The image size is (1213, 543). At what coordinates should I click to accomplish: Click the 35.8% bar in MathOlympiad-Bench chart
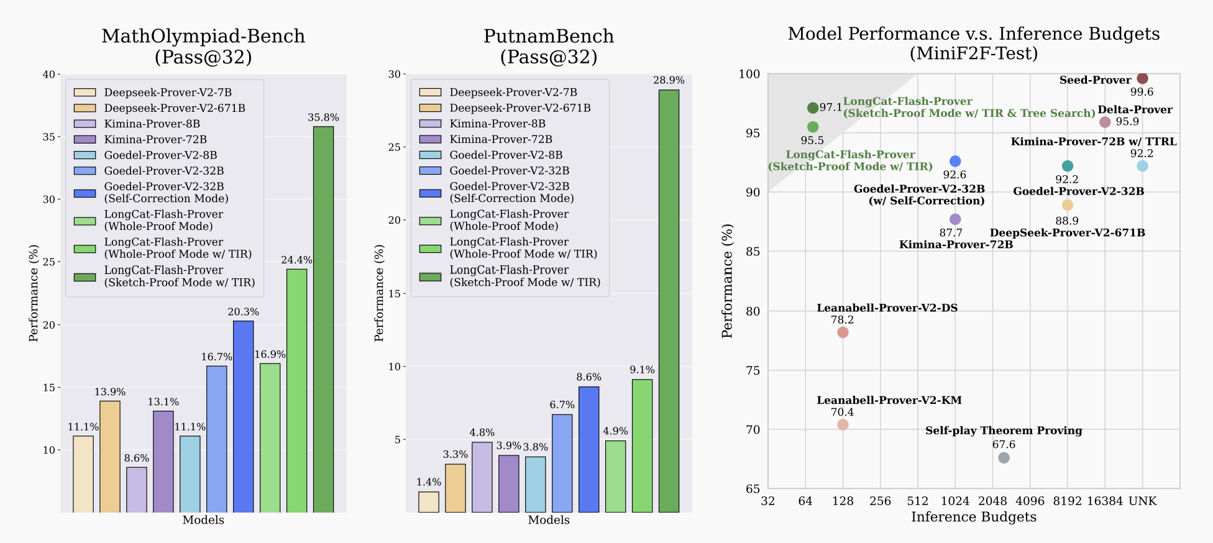[323, 319]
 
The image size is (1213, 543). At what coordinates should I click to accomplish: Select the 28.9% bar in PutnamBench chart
[669, 301]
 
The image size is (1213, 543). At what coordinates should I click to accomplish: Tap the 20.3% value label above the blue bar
[243, 312]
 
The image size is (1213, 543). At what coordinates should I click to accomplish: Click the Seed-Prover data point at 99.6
[1142, 78]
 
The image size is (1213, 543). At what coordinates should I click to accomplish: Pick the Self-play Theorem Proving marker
[1004, 458]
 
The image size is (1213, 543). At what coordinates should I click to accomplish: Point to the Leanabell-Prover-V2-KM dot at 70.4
[843, 424]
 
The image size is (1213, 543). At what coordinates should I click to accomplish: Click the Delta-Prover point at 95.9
[1105, 122]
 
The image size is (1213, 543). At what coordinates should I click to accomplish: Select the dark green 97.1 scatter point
[813, 108]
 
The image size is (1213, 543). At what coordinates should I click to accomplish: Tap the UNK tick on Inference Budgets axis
[1142, 501]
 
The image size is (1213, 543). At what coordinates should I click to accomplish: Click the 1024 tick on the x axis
[955, 501]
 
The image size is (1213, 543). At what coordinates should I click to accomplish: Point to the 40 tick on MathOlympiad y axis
[48, 75]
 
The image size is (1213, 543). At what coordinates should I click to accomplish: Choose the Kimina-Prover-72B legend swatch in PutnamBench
[430, 139]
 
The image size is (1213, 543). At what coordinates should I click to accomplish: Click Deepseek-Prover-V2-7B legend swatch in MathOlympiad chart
[85, 93]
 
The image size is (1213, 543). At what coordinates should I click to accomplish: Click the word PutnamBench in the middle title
[549, 36]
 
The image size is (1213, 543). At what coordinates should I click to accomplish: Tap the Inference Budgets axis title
[973, 517]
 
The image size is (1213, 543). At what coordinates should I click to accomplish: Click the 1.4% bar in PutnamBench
[428, 502]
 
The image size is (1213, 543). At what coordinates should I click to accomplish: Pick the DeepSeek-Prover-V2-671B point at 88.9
[1068, 205]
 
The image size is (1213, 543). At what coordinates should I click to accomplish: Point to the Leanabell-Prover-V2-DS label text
[887, 308]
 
